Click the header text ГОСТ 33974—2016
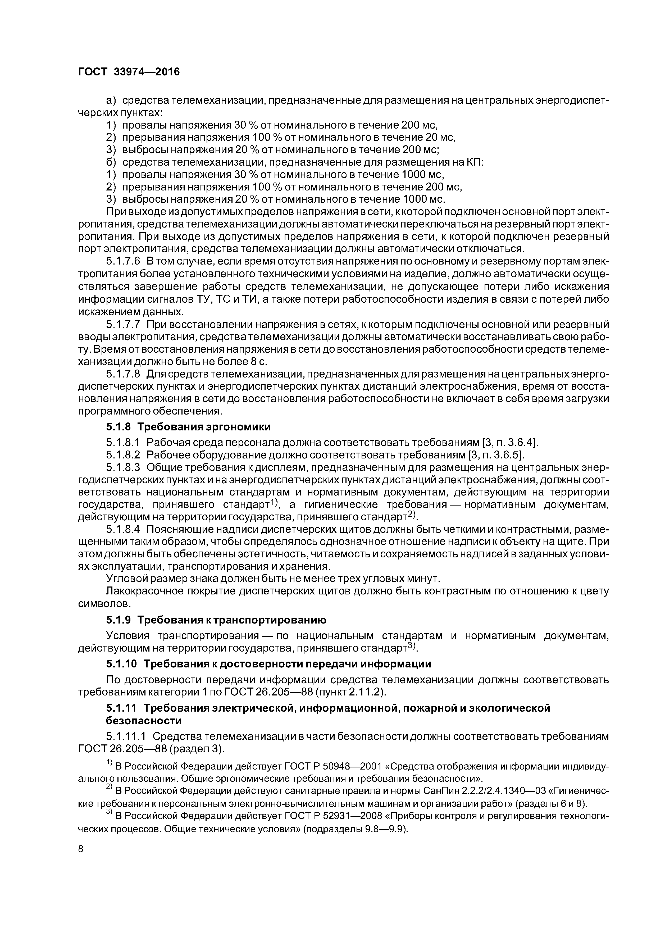[x=129, y=72]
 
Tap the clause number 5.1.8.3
[x=123, y=468]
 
